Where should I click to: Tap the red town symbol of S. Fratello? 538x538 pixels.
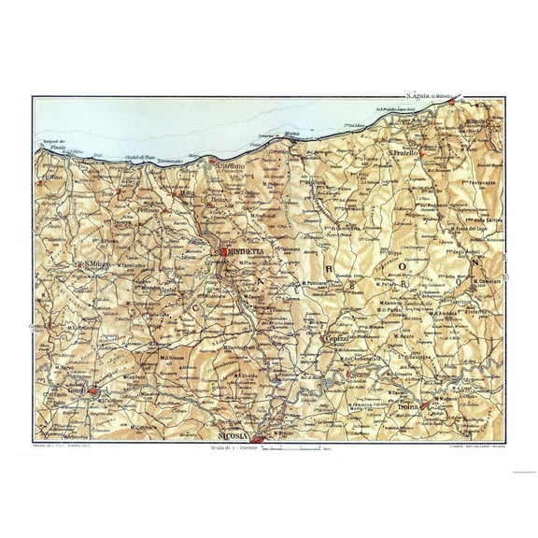point(424,151)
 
